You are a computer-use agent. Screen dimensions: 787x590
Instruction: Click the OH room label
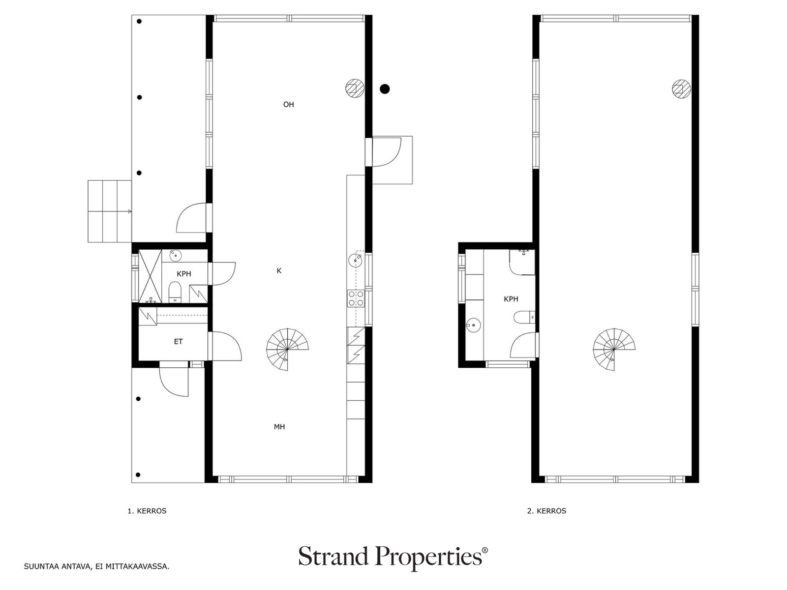pos(288,105)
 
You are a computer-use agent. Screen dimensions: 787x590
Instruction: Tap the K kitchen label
pos(279,271)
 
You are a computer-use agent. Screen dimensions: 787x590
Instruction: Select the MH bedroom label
pos(279,427)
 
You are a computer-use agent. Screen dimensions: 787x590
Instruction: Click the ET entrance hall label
pos(178,341)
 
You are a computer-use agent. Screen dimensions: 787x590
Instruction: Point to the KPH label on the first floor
pos(183,274)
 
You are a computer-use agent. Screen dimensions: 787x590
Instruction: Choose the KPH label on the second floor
pos(511,299)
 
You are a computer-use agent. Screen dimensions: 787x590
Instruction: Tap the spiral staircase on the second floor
pos(614,349)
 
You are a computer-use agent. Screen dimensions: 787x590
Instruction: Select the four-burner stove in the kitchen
pos(355,298)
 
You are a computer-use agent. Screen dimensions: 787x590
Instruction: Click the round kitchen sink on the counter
pos(355,261)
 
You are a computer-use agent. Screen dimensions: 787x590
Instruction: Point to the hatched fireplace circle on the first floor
pos(355,88)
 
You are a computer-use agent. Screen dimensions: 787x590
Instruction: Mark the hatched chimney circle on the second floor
pos(681,88)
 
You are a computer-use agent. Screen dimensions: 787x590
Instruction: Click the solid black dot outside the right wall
pos(385,89)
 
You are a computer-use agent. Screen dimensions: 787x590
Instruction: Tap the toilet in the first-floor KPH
pos(175,292)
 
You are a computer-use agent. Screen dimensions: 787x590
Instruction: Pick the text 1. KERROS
pos(147,511)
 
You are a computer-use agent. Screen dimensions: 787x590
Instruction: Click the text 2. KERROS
pos(546,511)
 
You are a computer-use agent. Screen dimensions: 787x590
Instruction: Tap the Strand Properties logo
pos(393,557)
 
